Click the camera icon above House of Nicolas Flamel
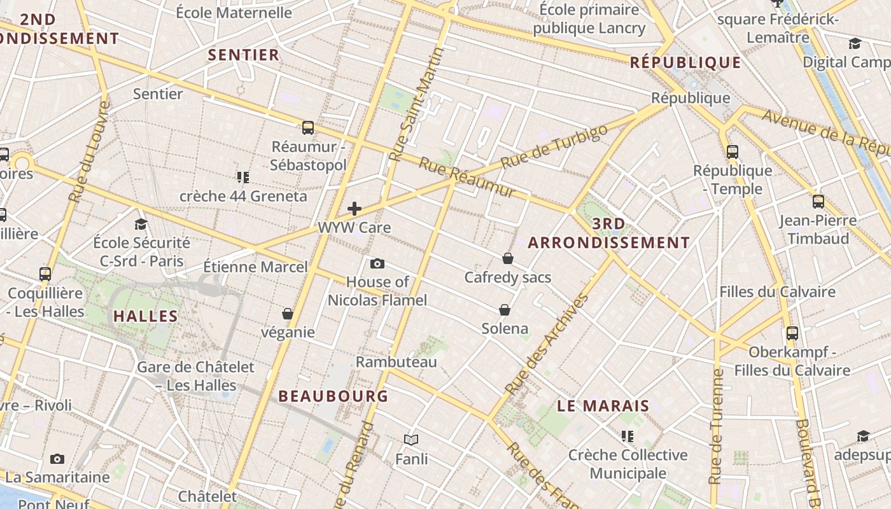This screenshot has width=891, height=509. pos(377,263)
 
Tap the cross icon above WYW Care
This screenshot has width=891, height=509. pos(354,209)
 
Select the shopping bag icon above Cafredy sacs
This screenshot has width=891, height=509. pos(508,258)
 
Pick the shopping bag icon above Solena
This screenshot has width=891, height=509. pos(505,310)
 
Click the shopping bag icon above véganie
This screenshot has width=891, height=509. pos(288,314)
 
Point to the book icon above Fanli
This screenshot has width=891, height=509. pos(411,440)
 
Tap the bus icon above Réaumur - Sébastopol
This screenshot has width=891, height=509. pos(308,128)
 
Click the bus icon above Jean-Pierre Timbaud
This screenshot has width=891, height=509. pos(818,202)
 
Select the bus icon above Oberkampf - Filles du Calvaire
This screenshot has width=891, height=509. pos(792,333)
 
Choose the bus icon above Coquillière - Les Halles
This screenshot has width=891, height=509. pos(45,274)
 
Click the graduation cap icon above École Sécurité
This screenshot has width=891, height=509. pos(141,224)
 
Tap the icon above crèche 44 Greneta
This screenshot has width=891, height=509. pos(242,177)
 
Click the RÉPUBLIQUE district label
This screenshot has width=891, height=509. pos(685,62)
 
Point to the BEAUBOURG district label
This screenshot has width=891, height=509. pos(333,396)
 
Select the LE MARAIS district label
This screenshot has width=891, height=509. pos(603,405)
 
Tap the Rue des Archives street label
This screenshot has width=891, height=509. pos(546,344)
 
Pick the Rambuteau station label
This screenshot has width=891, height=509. pos(396,362)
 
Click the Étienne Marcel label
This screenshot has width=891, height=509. pos(255,267)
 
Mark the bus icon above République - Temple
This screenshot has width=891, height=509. pos(733,151)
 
